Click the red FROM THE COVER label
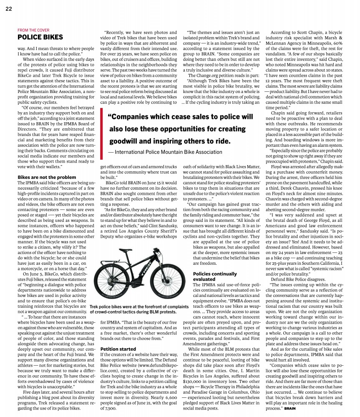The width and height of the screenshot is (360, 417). pos(33,30)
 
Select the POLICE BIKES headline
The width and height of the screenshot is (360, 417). pos(40,37)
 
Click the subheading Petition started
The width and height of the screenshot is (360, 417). pos(118,348)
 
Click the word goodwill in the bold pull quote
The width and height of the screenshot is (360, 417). pos(125,142)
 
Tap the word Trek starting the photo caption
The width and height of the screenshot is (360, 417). pos(94,306)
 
